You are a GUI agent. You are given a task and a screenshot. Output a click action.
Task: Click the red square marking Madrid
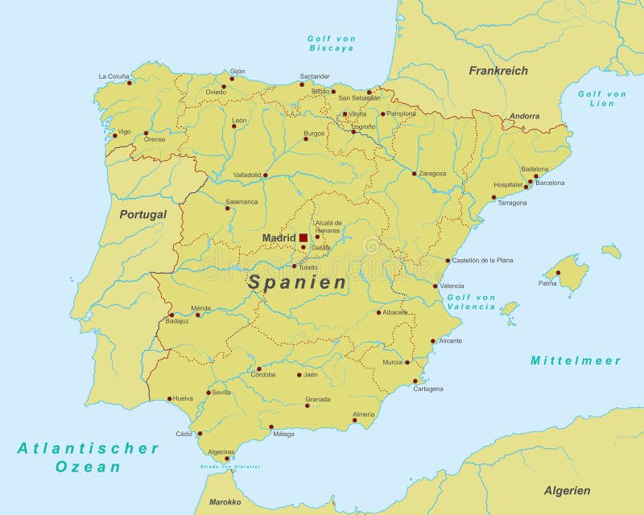[x=303, y=238]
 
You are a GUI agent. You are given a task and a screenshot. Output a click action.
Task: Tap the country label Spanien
[x=297, y=282]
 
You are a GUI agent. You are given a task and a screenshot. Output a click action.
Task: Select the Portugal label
[x=143, y=215]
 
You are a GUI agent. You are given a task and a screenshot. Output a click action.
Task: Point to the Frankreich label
[x=498, y=71]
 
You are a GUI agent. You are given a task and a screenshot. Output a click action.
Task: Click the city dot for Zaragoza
[x=415, y=173]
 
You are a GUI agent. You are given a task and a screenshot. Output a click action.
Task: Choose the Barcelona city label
[x=550, y=183]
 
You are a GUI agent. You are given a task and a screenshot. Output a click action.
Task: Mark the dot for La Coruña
[x=130, y=82]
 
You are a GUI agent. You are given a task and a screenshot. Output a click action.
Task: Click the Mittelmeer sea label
[x=576, y=360]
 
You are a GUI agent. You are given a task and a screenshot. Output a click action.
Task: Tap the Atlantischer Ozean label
[x=89, y=457]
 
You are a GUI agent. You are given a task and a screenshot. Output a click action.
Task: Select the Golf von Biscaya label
[x=332, y=43]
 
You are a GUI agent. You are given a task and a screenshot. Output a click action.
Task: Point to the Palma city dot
[x=558, y=273]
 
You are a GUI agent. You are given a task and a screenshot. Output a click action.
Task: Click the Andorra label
[x=524, y=117]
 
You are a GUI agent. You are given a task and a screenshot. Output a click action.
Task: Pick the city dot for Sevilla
[x=208, y=393]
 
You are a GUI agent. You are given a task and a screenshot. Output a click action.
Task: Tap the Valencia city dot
[x=436, y=286]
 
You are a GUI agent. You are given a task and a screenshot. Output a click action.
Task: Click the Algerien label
[x=567, y=490]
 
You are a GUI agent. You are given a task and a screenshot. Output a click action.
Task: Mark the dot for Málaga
[x=271, y=426]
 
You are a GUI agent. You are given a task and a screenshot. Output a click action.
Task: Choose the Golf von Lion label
[x=601, y=98]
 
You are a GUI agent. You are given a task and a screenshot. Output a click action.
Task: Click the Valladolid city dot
[x=265, y=174]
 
